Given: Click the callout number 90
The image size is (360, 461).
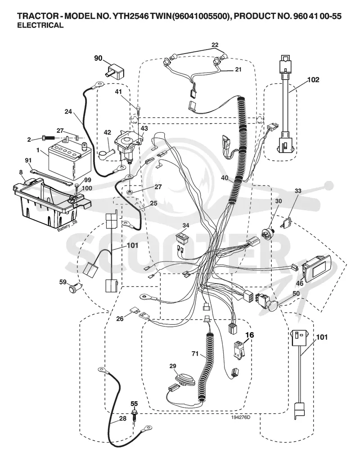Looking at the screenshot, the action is coord(98,58).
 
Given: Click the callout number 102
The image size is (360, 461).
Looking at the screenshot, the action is coord(313,80).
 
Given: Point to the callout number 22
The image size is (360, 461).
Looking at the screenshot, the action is coord(215,45).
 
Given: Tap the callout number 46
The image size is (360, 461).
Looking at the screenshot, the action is coord(299,284).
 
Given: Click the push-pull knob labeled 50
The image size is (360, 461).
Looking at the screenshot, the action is coord(268,301).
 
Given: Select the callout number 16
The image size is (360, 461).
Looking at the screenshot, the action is coord(250,335).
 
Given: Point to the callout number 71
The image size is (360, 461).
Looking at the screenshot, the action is coord(195,354).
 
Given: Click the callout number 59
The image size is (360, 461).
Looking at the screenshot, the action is coord(63,282).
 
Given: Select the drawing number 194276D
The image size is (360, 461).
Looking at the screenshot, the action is coord(240,416).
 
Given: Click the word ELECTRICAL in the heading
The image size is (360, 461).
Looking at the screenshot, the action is coord(40,25).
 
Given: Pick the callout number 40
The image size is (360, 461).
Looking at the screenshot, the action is coord(225,178).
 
